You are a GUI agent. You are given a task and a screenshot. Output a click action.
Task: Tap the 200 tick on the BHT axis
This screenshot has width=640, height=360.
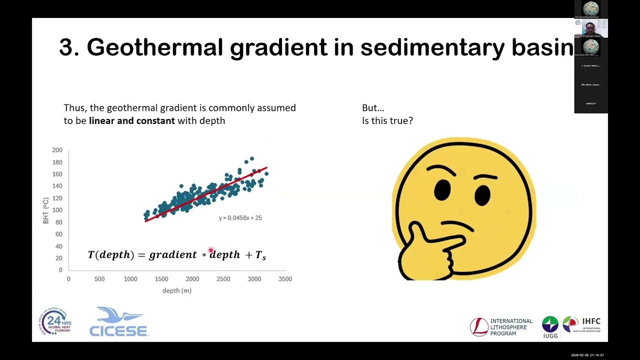click(x=57, y=150)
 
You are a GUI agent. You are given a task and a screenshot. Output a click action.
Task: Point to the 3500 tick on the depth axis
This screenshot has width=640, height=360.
click(x=285, y=279)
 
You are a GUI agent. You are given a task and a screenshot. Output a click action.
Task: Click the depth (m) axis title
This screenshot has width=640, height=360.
click(x=177, y=290)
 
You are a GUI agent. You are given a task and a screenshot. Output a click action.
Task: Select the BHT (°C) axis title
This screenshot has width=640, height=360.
click(x=46, y=210)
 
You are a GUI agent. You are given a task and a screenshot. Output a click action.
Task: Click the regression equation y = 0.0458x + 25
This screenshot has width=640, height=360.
click(x=240, y=218)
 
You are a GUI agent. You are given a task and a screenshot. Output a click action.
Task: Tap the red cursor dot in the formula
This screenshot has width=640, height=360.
click(x=211, y=250)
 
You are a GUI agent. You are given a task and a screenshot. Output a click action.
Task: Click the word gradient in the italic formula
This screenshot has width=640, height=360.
click(x=173, y=255)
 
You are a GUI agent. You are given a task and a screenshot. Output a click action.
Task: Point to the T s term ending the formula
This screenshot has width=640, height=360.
click(x=260, y=255)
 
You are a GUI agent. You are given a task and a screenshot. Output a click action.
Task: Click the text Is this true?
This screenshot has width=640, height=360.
click(x=387, y=120)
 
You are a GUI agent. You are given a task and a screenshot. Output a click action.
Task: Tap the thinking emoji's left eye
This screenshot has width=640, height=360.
click(x=442, y=189)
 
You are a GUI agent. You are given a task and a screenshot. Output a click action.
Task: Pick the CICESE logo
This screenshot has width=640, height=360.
click(x=118, y=322)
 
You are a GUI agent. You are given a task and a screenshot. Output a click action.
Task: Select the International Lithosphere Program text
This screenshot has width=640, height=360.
click(x=511, y=327)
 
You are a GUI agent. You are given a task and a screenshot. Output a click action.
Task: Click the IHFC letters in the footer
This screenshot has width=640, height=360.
click(x=590, y=321)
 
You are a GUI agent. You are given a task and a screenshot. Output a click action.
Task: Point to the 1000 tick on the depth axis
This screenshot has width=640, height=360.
click(x=130, y=279)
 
